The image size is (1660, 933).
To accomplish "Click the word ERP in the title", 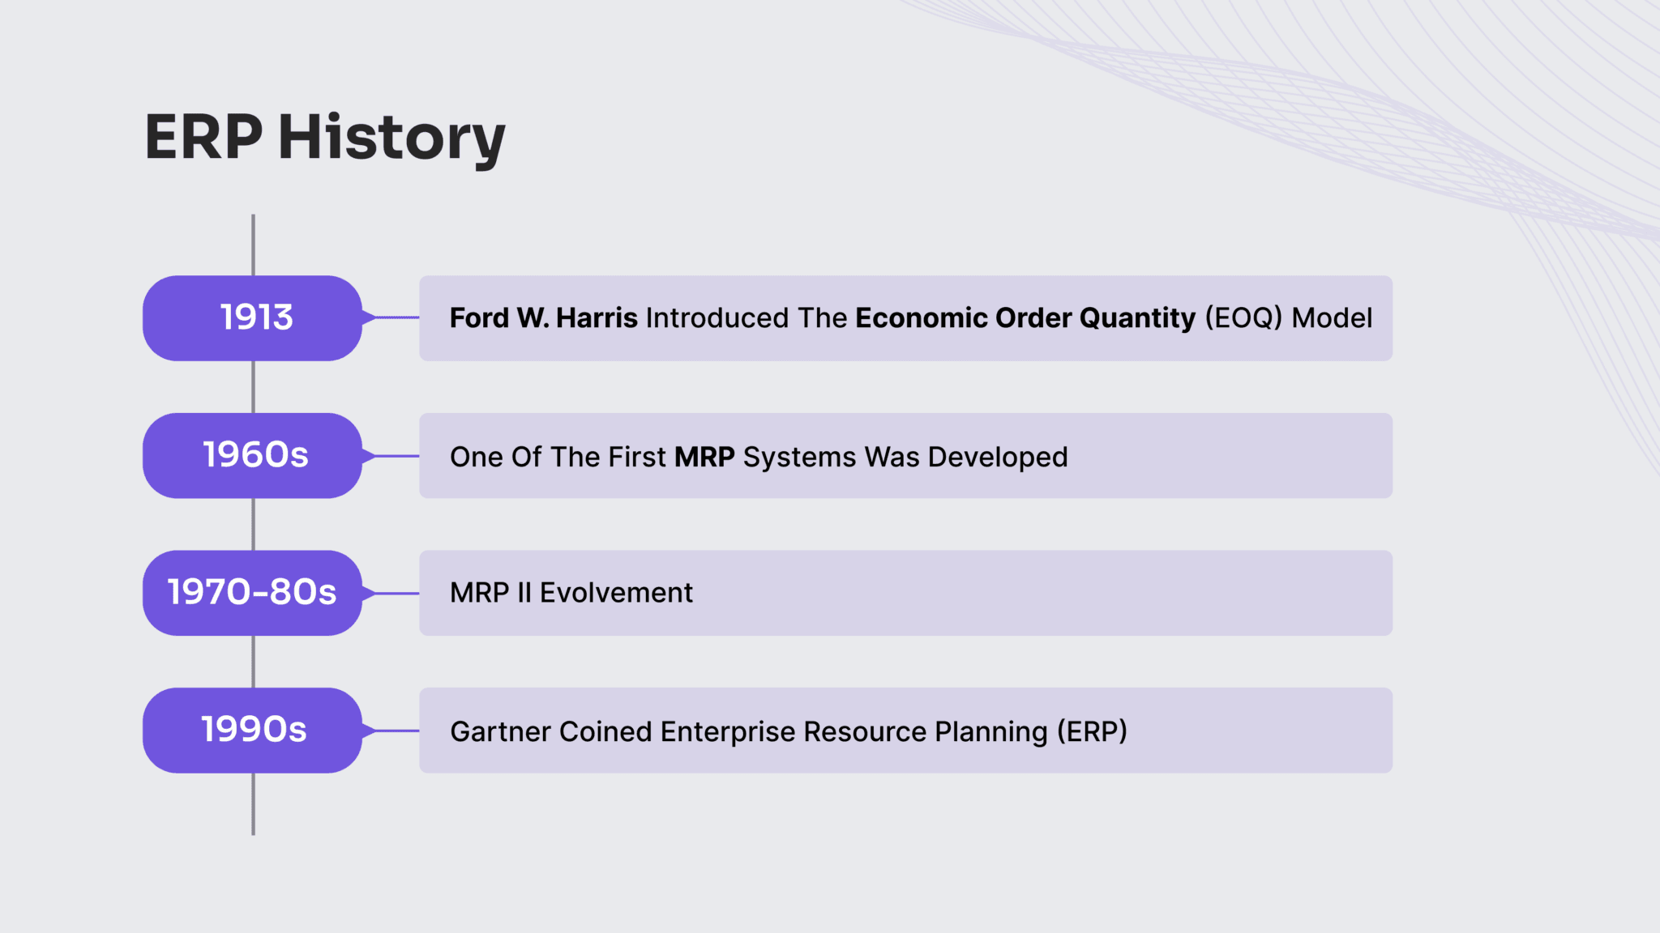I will [203, 138].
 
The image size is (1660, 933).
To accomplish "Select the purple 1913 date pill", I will [253, 317].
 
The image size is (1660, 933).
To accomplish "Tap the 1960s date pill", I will [253, 455].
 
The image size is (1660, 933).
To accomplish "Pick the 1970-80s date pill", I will [253, 593].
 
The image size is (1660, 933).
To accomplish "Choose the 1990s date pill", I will [253, 731].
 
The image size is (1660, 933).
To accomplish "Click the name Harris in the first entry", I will [597, 318].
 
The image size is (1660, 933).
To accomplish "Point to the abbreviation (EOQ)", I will [1243, 318].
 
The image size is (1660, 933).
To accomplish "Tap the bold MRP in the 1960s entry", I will [704, 457].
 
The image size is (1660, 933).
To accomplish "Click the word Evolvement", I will [616, 593].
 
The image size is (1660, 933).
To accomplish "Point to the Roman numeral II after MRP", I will [524, 593].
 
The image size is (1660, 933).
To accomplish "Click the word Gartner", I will [500, 731].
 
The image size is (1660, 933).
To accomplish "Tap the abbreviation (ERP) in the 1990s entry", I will [1092, 731].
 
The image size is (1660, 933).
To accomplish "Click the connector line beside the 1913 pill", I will [393, 317].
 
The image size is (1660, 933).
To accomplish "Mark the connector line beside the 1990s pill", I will [393, 731].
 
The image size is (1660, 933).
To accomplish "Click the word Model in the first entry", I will [1332, 318].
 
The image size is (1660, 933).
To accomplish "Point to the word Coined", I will [605, 731].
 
